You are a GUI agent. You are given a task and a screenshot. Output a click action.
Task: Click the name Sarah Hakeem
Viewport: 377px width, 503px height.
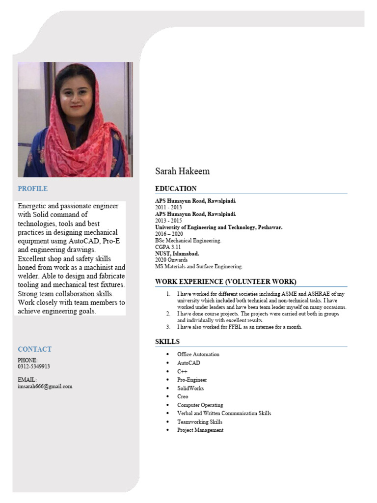point(182,171)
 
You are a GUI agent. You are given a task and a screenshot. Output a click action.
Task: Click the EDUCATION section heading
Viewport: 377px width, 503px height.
point(176,189)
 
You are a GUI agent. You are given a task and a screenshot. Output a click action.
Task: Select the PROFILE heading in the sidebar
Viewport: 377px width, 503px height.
point(32,189)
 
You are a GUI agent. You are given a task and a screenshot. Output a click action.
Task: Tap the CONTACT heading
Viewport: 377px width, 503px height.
point(34,349)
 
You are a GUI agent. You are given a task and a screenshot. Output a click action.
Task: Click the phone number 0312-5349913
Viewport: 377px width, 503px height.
point(33,366)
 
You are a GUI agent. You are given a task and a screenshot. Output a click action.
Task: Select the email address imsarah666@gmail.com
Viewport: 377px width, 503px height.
point(45,386)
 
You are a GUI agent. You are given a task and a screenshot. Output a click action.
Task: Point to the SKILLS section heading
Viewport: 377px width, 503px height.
point(167,341)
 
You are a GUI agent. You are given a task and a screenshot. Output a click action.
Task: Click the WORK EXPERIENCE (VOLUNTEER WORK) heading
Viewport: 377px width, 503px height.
point(226,281)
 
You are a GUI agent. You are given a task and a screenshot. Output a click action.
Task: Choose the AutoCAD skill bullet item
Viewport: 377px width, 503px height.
point(188,363)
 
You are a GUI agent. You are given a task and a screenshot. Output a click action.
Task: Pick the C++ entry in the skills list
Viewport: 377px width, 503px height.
point(182,371)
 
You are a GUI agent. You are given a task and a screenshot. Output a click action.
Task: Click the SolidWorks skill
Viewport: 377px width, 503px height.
point(190,388)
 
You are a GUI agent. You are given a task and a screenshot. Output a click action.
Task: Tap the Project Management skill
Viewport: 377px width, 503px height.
point(200,430)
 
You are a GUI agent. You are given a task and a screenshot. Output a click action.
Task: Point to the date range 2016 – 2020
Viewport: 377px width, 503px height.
point(169,234)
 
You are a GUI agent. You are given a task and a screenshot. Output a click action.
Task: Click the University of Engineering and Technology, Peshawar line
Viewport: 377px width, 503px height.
point(218,227)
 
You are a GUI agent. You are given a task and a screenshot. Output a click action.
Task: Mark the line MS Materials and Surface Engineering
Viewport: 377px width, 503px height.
point(199,267)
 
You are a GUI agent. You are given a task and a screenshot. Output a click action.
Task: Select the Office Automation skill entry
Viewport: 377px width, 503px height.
point(198,354)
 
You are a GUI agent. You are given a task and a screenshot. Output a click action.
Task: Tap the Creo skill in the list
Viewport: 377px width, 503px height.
point(183,396)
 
